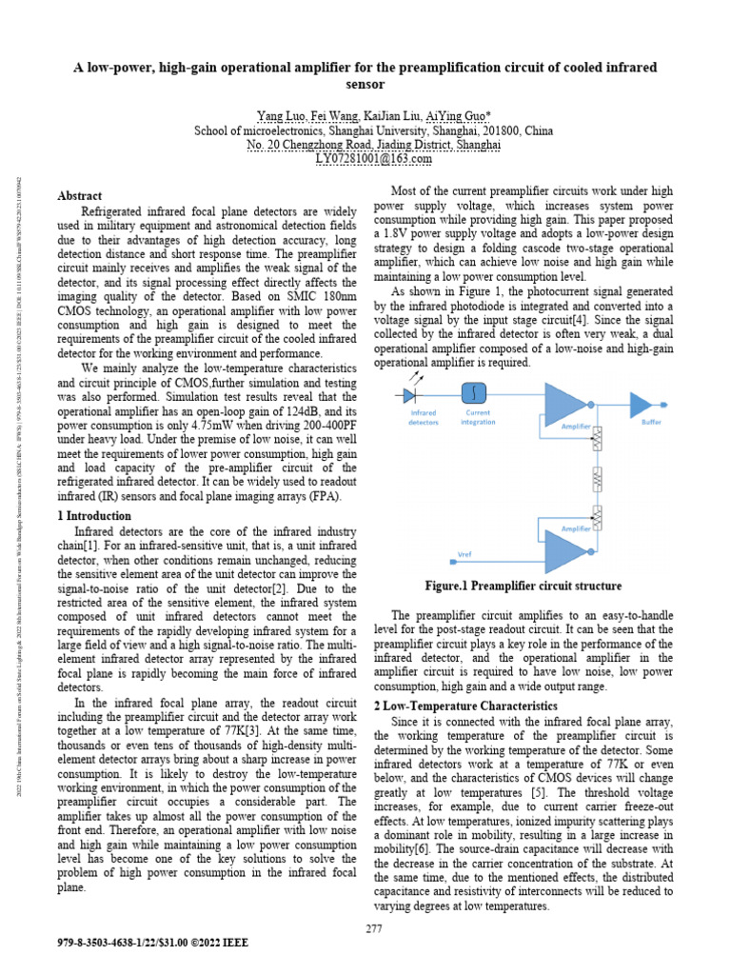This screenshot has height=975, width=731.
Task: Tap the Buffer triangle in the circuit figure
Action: (650, 397)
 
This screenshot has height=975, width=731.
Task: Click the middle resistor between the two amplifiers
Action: (598, 478)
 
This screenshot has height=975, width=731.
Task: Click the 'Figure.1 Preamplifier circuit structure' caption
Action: (523, 586)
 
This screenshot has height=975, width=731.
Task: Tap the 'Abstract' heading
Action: (80, 195)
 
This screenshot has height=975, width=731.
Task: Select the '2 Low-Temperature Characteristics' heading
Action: (465, 706)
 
